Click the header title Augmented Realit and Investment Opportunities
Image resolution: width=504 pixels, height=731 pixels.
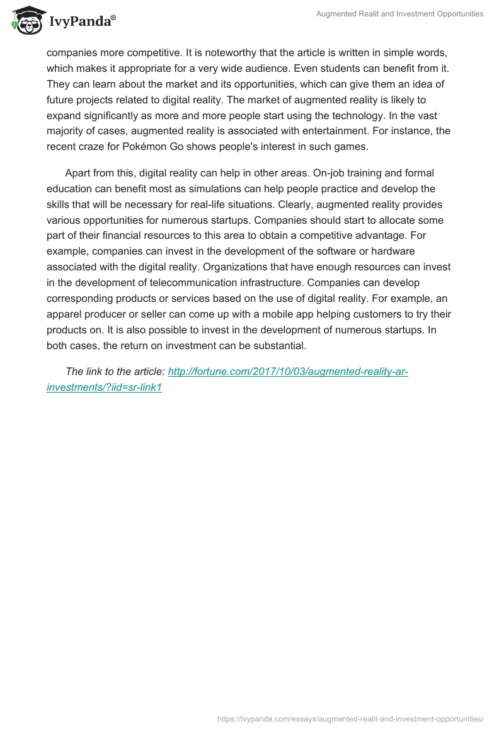coord(400,14)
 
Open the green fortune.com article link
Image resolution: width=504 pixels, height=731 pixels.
coord(288,372)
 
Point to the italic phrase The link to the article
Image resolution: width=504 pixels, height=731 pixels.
coord(115,372)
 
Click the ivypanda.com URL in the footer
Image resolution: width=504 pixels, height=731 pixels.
coord(350,718)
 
